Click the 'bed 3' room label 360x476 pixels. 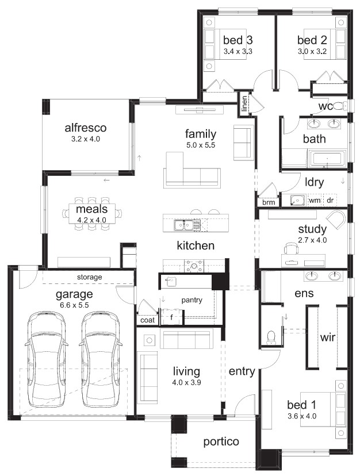click(x=238, y=40)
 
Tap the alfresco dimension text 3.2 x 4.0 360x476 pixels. click(x=85, y=139)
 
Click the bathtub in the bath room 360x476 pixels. click(x=327, y=159)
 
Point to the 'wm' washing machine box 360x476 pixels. click(x=315, y=201)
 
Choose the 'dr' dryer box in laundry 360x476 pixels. click(x=330, y=201)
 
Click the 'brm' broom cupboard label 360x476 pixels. click(x=269, y=202)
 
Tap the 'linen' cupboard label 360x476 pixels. click(x=244, y=103)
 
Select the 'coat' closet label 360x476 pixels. click(x=147, y=320)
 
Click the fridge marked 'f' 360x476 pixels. click(x=171, y=317)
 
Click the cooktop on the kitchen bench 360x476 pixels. click(x=194, y=266)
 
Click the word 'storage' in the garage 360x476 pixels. click(x=89, y=277)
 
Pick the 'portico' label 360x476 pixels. click(x=221, y=442)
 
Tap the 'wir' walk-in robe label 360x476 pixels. click(x=327, y=337)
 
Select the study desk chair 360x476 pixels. click(x=291, y=248)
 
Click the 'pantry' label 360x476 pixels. click(x=192, y=300)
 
